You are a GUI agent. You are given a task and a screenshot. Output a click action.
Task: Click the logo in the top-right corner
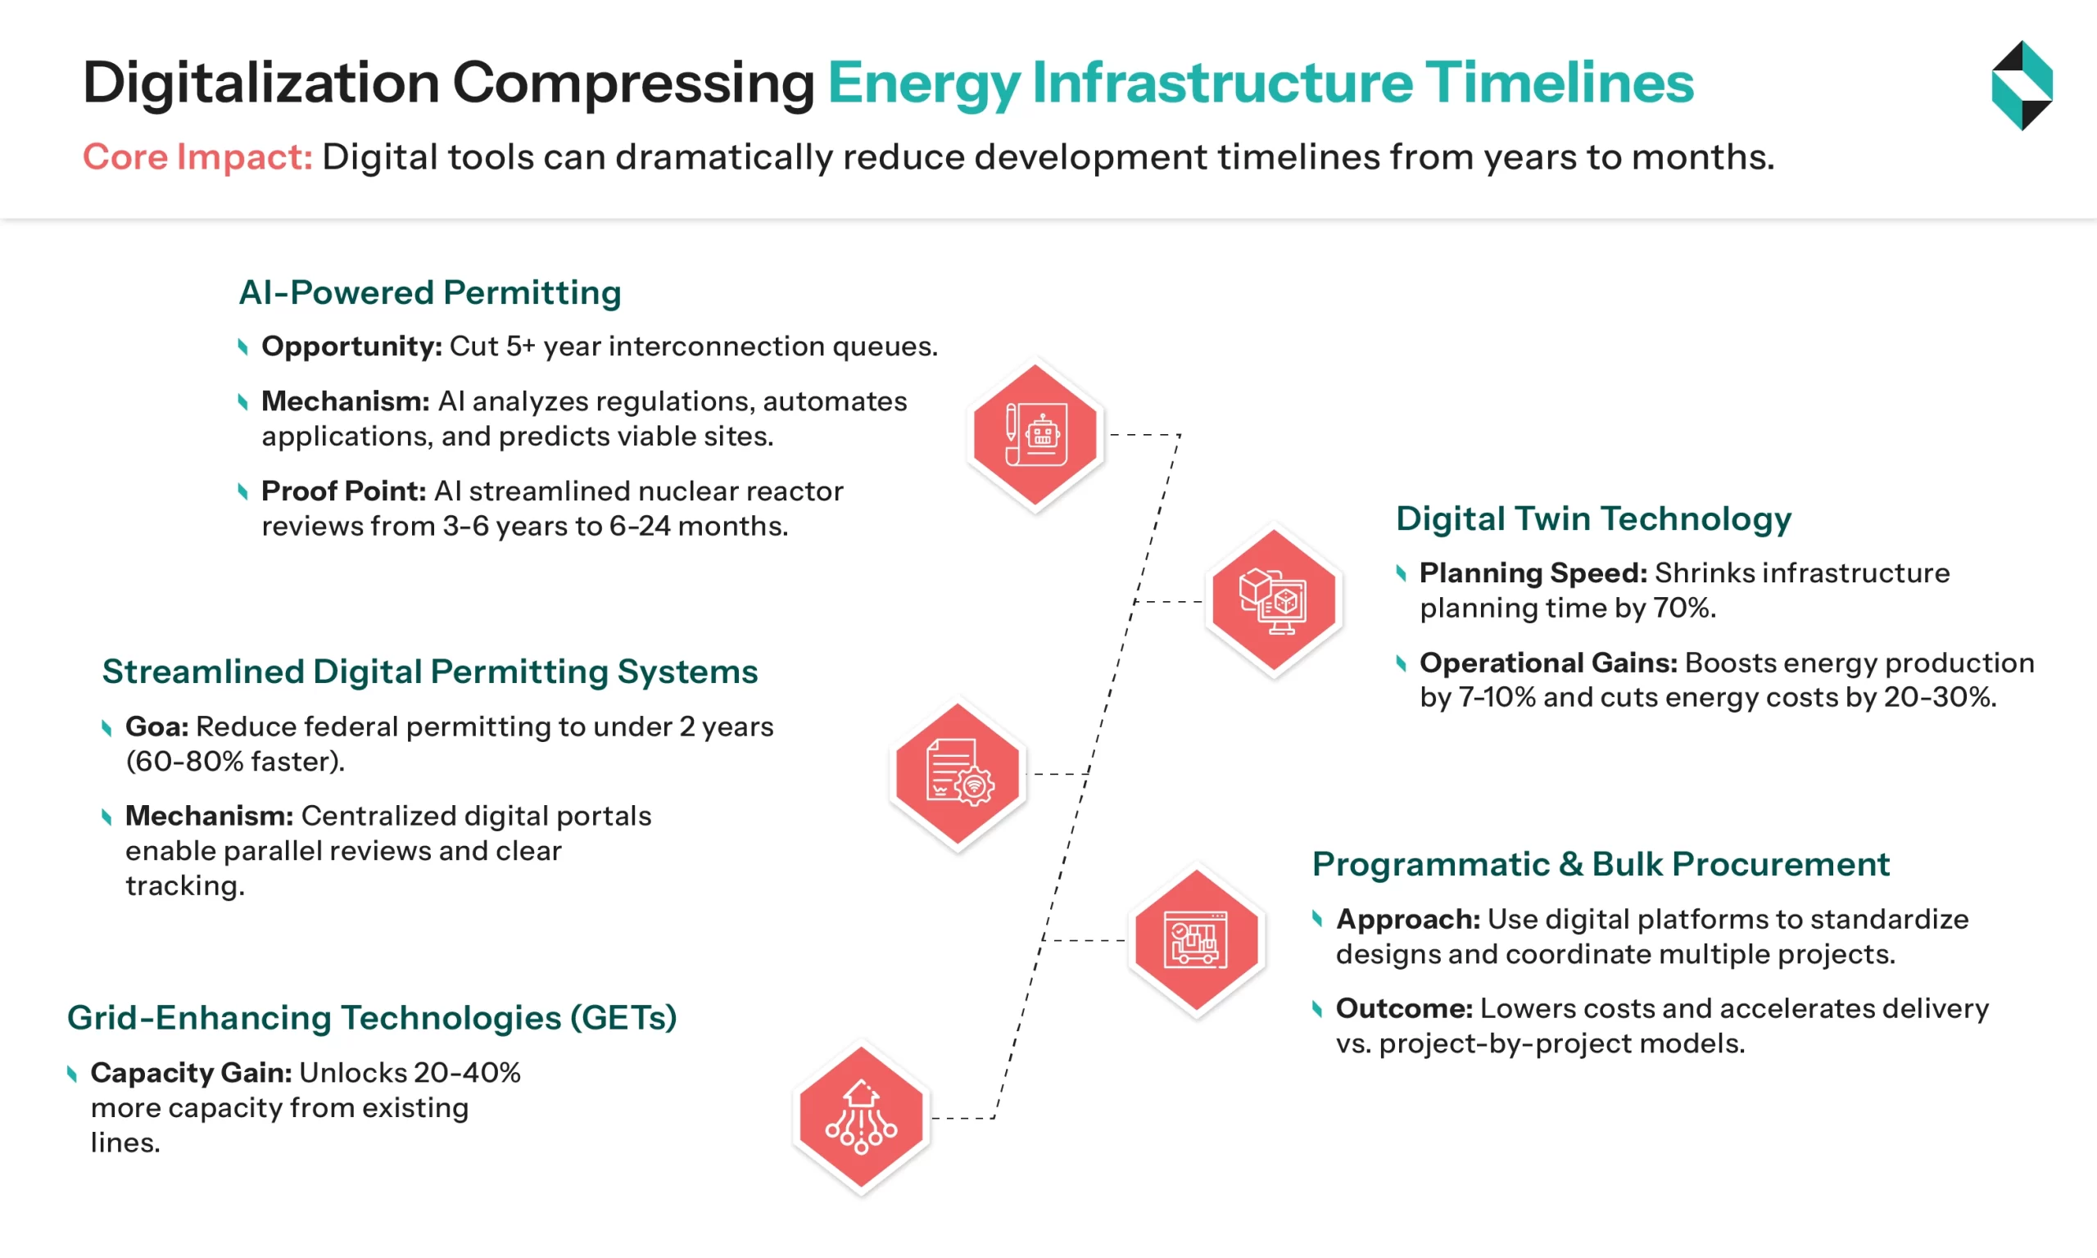(2022, 85)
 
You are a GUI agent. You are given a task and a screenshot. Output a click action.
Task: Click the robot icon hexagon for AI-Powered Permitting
(1035, 436)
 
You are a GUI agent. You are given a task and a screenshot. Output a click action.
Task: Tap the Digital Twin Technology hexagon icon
(1273, 600)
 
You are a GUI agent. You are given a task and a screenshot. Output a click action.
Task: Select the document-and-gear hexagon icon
(958, 773)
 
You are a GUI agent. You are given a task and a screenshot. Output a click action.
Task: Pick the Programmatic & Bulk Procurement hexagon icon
(1196, 939)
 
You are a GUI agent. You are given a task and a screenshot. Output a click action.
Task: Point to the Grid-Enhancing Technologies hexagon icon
(861, 1116)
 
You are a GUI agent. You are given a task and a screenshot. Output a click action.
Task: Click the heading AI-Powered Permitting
(430, 292)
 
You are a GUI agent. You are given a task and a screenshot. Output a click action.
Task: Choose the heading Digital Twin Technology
(1593, 518)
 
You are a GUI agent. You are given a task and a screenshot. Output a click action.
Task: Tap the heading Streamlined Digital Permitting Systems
(430, 672)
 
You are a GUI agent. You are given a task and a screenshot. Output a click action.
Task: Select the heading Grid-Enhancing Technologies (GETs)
(372, 1017)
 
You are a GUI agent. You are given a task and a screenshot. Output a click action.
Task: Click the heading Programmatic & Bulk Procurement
(1601, 864)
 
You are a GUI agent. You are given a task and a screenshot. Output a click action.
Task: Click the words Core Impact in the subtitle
(197, 156)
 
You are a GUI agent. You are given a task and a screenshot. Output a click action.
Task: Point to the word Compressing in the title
(633, 84)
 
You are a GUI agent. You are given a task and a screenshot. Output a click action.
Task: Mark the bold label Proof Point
(343, 491)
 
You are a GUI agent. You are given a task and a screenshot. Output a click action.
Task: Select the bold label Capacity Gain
(192, 1072)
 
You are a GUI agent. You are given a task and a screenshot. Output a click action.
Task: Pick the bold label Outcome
(1404, 1009)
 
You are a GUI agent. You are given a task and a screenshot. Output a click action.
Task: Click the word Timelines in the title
(1559, 84)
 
